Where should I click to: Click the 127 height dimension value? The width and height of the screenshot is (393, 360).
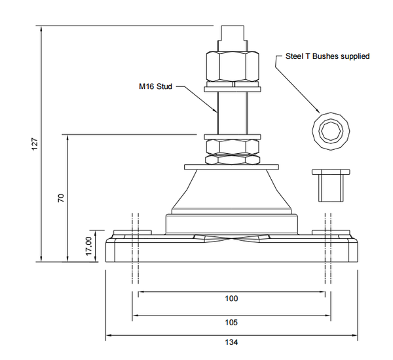coord(36,143)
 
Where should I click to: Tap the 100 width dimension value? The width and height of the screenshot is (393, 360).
coord(231,298)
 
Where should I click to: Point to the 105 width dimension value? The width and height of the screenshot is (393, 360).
coord(231,322)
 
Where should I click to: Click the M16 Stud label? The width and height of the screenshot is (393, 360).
coord(155,86)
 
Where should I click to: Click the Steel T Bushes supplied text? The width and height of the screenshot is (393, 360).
coord(327,56)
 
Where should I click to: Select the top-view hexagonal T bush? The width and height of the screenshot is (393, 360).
coord(333,132)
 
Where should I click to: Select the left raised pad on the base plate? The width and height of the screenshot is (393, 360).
coord(132,233)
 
